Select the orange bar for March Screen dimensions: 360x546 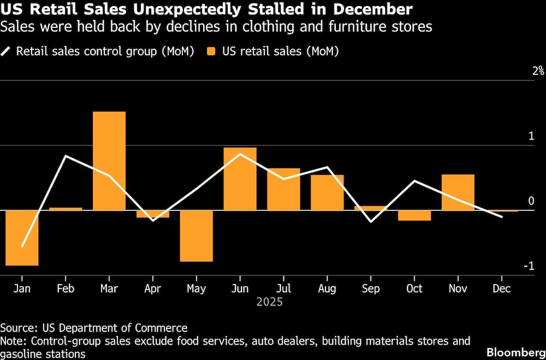109,161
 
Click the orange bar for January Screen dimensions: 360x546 22,238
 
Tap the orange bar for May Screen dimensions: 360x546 197,235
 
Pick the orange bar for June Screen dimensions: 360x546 240,179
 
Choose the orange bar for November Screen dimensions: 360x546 458,192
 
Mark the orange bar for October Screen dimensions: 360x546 414,215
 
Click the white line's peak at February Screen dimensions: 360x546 66,156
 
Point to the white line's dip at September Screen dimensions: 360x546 371,221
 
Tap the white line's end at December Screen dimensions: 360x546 502,217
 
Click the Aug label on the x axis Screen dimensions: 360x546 327,288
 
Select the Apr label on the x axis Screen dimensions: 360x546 153,288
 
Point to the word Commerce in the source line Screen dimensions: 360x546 164,328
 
